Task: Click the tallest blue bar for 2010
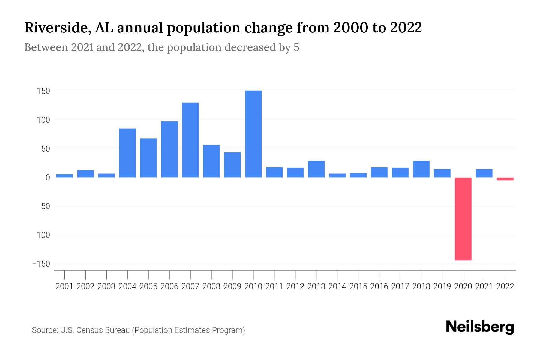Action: coord(253,134)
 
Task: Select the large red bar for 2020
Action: coord(463,219)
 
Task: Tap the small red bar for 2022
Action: coord(505,179)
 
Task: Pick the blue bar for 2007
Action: coord(190,140)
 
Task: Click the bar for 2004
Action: coord(127,153)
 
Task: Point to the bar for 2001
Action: coord(64,176)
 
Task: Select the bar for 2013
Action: coord(316,169)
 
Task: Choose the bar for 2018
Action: coord(421,169)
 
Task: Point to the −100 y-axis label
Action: coord(41,235)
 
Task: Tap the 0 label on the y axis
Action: coord(48,178)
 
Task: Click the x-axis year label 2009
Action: coord(232,286)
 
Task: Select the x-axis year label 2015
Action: coord(358,286)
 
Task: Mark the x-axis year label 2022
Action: coord(505,286)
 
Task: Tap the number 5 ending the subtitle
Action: coord(296,47)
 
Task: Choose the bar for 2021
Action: coord(484,173)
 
